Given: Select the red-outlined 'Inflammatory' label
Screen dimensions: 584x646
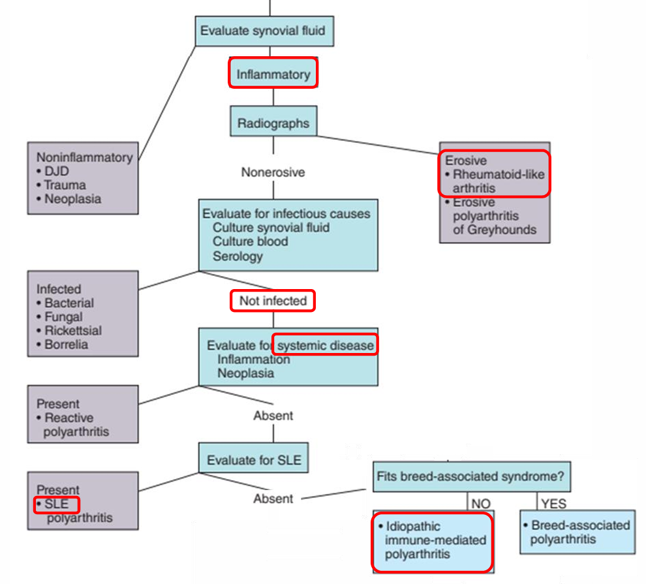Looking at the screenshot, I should pyautogui.click(x=273, y=74).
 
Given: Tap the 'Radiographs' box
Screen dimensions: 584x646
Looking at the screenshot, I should pyautogui.click(x=273, y=123).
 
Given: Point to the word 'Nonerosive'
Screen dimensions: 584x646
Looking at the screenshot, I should pyautogui.click(x=273, y=172).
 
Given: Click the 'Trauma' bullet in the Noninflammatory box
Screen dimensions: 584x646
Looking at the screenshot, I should pyautogui.click(x=65, y=185).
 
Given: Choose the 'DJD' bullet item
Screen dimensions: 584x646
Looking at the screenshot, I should pyautogui.click(x=58, y=172).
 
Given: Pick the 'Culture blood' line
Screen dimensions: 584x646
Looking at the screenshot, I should pyautogui.click(x=250, y=241).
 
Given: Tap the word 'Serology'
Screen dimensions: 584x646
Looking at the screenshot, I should pyautogui.click(x=238, y=256).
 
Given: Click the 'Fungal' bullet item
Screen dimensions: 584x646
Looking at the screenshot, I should pyautogui.click(x=63, y=316).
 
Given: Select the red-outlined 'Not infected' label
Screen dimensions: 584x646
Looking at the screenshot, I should pyautogui.click(x=273, y=301).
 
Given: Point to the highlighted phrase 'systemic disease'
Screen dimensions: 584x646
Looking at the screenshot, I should pyautogui.click(x=326, y=345).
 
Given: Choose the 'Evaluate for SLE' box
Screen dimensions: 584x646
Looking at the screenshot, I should pyautogui.click(x=254, y=459).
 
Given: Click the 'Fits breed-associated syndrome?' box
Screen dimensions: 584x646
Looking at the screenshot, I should pyautogui.click(x=470, y=477).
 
